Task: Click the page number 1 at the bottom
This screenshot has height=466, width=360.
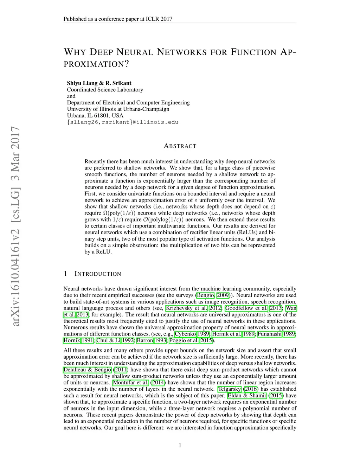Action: pos(180,446)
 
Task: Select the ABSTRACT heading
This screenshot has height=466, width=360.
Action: pos(180,146)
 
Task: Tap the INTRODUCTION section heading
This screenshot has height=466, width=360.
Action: pos(98,274)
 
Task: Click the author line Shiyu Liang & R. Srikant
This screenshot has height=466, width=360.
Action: pos(99,83)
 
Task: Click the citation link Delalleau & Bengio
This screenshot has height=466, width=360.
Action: pos(87,370)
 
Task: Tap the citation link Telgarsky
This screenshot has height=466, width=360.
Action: pos(229,389)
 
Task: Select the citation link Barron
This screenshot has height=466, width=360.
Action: pos(144,340)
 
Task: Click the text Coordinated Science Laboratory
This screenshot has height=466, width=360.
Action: pos(105,90)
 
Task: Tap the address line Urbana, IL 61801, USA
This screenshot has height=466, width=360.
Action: pos(95,115)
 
